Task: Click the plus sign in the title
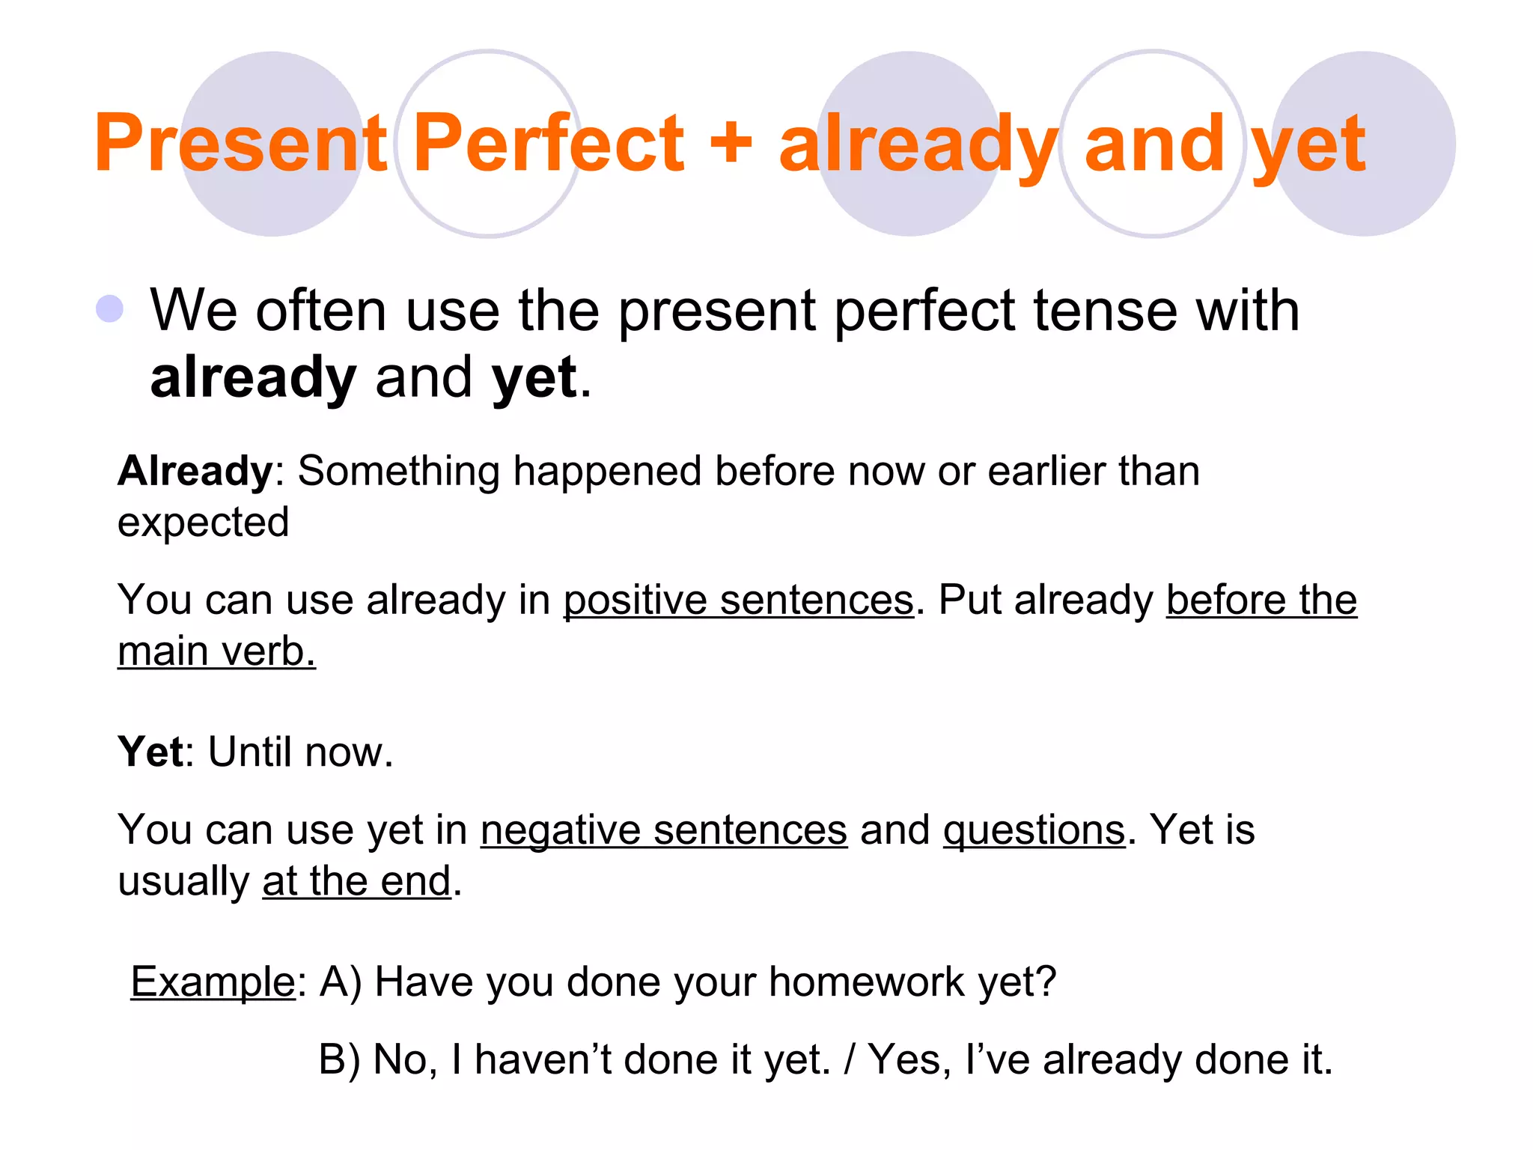[731, 142]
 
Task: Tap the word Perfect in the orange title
[548, 142]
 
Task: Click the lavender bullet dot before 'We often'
[110, 308]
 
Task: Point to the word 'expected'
[203, 523]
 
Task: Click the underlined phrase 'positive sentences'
[738, 600]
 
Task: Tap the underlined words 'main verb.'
[216, 651]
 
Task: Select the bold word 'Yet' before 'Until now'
[150, 752]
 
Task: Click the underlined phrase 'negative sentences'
[663, 830]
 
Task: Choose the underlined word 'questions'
[1034, 830]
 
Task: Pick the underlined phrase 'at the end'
[356, 881]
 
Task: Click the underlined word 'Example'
[213, 982]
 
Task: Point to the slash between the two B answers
[850, 1060]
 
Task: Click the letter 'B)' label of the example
[339, 1060]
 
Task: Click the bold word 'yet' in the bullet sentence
[534, 377]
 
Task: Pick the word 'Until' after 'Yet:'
[250, 752]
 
